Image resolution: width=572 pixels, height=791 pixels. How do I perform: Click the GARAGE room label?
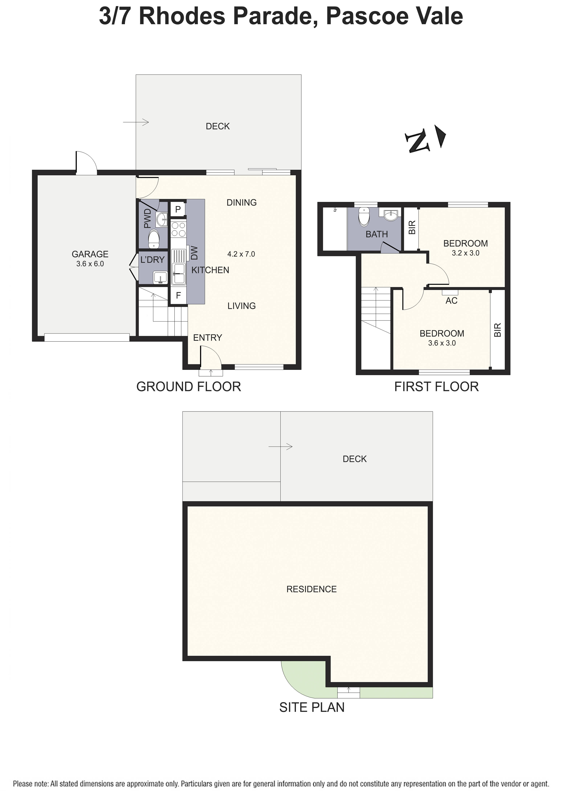(x=90, y=254)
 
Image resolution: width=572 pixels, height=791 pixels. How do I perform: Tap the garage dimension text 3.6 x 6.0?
(x=90, y=264)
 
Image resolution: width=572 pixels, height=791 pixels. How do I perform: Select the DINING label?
(x=242, y=203)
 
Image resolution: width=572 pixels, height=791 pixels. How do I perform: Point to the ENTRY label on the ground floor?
(x=208, y=338)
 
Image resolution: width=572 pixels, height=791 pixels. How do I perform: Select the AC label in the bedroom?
(x=451, y=301)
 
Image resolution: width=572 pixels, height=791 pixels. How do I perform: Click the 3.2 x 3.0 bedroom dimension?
(x=466, y=253)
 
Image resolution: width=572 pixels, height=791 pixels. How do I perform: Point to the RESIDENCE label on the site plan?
(x=311, y=589)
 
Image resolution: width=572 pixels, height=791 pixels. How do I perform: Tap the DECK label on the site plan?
(x=355, y=459)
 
